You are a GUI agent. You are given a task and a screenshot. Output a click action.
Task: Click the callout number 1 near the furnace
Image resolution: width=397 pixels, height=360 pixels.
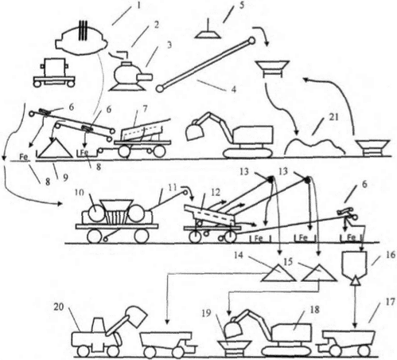coord(138,5)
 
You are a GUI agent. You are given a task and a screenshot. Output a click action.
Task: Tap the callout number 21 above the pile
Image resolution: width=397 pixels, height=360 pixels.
coord(333,116)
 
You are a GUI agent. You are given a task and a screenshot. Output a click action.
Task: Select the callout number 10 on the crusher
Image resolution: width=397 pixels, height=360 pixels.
coord(79,193)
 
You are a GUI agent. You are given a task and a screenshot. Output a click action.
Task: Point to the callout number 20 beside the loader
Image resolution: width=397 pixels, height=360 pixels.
coord(59,307)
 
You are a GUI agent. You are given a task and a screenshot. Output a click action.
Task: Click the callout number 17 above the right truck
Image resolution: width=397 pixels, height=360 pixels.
coord(389,302)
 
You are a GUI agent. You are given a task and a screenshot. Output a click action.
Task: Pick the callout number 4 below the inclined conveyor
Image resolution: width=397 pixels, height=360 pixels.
coord(233,89)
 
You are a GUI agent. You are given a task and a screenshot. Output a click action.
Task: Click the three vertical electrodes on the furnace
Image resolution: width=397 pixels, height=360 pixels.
coord(83,30)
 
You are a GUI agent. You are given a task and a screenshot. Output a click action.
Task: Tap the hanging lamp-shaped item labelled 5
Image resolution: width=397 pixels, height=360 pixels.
coord(208,31)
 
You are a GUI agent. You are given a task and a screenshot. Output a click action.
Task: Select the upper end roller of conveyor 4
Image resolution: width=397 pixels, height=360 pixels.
coord(251,41)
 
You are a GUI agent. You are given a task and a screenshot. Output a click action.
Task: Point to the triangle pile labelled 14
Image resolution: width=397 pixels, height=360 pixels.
coord(278,272)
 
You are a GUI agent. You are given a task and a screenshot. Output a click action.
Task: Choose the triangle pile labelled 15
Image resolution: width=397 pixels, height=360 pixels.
coord(320,272)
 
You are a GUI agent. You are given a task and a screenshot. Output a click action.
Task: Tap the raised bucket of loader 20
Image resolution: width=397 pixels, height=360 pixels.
coord(136,317)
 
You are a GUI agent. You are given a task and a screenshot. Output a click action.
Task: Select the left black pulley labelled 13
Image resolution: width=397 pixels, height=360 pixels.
coord(271,180)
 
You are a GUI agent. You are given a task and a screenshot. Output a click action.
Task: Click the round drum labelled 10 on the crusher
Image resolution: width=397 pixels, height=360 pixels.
coord(96,213)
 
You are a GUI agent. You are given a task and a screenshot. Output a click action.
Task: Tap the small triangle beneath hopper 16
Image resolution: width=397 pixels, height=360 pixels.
coord(355,280)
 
